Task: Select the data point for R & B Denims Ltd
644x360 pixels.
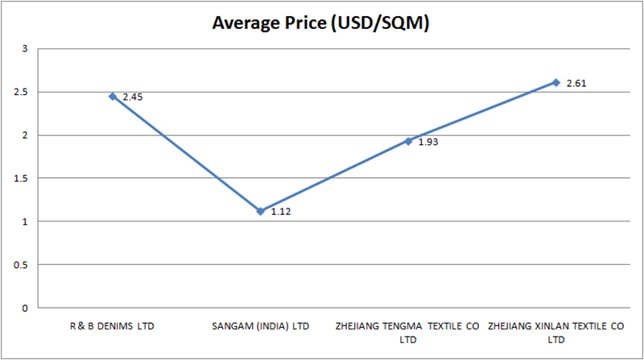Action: [x=113, y=96]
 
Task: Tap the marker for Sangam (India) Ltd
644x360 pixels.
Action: [x=260, y=211]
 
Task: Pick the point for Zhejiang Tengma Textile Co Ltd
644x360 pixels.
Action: [x=408, y=141]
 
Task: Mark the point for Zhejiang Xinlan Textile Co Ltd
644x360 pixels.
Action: [x=556, y=82]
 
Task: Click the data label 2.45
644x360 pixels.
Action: [x=133, y=97]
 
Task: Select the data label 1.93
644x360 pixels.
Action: [x=428, y=143]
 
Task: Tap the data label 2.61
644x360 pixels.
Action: [x=576, y=83]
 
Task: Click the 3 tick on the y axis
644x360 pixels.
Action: [x=25, y=49]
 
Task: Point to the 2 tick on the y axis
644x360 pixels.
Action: [x=25, y=135]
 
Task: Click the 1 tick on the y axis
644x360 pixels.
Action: [x=25, y=221]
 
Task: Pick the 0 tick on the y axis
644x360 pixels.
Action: [x=25, y=308]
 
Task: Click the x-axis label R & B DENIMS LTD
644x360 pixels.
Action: [x=113, y=326]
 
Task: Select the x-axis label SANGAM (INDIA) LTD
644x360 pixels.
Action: [x=260, y=326]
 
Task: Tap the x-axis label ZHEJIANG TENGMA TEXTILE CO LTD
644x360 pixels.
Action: [x=408, y=332]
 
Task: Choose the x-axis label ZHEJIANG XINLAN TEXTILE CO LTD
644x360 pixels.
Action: [x=556, y=332]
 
